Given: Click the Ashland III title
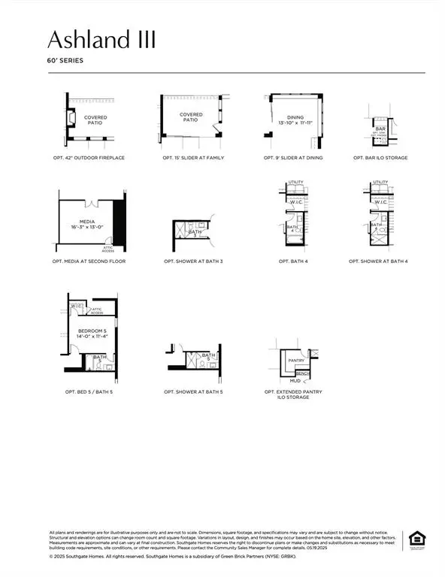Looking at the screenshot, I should tap(102, 39).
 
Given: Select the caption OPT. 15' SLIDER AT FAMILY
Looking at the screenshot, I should tap(193, 159).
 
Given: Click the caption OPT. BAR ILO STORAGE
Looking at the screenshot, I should tap(380, 159).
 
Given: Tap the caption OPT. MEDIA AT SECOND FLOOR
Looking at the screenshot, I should tap(89, 261).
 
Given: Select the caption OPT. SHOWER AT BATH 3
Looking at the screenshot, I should tap(193, 261).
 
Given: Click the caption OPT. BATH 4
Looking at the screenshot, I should tap(295, 261).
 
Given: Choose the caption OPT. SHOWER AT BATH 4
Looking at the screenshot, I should tap(380, 261).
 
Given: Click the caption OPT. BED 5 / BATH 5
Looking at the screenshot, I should tap(89, 392).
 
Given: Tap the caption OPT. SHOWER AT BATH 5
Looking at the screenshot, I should tap(193, 392).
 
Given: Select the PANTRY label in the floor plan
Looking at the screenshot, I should tap(295, 361).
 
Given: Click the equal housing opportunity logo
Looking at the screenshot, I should tap(415, 539).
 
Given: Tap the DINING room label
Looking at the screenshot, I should tap(295, 117).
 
